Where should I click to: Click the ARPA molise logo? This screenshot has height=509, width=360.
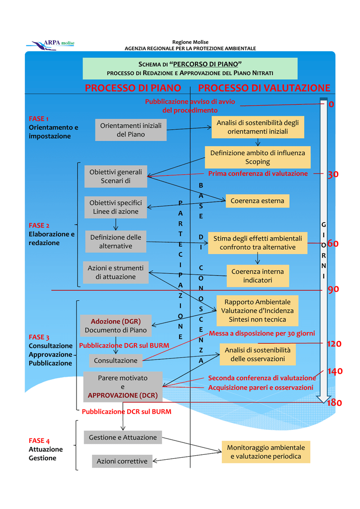coord(50,45)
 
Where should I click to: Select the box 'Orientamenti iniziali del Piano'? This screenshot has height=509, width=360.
coord(131,130)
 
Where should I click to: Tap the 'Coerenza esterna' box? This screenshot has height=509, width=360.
coord(258,201)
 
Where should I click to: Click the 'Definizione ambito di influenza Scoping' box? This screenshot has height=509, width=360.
coord(258,157)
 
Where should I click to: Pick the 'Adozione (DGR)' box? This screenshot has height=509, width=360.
coord(116,326)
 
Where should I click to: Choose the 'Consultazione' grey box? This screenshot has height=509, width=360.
coord(115,360)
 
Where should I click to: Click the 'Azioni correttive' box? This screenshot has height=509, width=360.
coord(122,461)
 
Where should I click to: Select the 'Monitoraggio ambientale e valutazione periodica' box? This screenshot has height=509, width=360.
coord(266,452)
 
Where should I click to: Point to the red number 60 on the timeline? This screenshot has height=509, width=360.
coord(333,244)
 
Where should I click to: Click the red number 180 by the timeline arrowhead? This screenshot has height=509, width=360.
coord(334,403)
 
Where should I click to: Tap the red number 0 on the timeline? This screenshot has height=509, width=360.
coord(331,104)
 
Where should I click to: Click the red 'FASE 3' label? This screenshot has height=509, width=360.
coord(39,338)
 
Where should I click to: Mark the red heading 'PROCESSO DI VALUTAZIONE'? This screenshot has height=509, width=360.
coord(264,88)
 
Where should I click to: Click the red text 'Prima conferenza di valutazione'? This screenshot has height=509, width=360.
coord(258,173)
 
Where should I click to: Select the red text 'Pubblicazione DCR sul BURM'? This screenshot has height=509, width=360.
coord(127,412)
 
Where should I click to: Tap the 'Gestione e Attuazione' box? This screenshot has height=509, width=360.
coord(123,437)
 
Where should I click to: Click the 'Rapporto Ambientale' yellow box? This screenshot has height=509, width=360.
coord(258,311)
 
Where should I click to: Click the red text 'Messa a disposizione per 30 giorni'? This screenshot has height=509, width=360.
coord(262,334)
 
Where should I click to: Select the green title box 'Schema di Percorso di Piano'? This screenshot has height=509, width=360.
coord(190,69)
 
